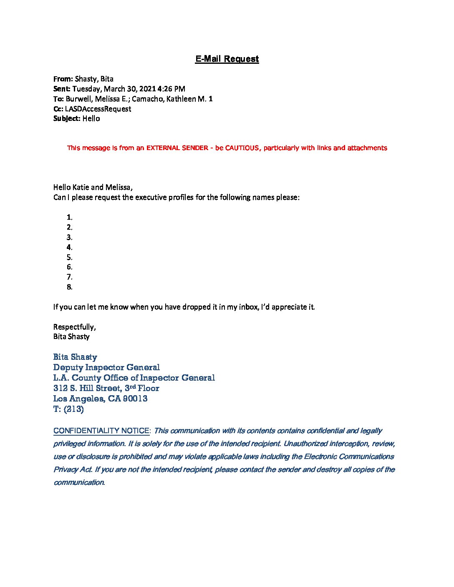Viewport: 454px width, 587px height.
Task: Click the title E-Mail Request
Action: pyautogui.click(x=227, y=59)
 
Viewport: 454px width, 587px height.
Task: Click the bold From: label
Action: pyautogui.click(x=63, y=79)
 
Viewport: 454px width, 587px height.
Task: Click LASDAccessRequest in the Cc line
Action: pyautogui.click(x=98, y=109)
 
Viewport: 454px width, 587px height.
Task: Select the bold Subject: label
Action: pyautogui.click(x=67, y=119)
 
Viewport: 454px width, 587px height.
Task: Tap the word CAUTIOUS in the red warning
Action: pyautogui.click(x=242, y=148)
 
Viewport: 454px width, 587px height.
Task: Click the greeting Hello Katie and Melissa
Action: pyautogui.click(x=93, y=187)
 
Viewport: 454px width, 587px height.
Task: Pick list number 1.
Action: pyautogui.click(x=69, y=217)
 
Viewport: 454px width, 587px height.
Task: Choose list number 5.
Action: pyautogui.click(x=69, y=257)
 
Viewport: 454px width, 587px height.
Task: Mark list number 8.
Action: pyautogui.click(x=69, y=287)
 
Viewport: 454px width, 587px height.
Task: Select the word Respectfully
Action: pyautogui.click(x=74, y=327)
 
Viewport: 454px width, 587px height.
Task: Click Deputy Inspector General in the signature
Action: pyautogui.click(x=106, y=367)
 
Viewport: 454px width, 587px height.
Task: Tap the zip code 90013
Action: pyautogui.click(x=136, y=399)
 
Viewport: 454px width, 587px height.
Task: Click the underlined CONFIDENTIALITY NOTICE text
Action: pyautogui.click(x=101, y=431)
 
